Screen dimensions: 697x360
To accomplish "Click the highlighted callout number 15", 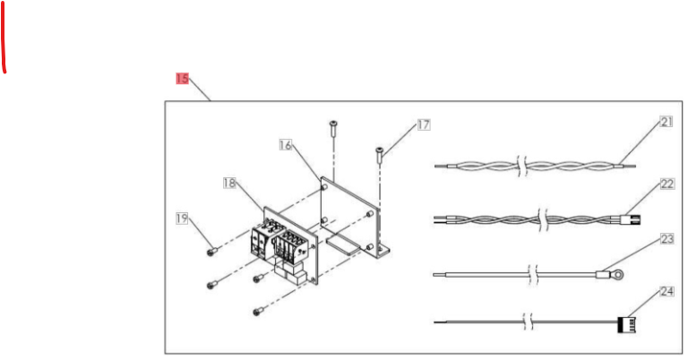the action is point(182,79).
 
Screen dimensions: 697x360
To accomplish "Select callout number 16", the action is point(286,145).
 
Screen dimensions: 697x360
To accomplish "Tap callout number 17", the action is point(424,124).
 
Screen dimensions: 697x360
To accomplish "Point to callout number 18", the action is point(229,183).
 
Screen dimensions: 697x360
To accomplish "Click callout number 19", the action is point(182,219).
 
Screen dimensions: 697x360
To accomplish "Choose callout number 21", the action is point(666,121).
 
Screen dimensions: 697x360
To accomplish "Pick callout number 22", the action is point(667,184).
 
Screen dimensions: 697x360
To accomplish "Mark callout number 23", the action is point(667,239).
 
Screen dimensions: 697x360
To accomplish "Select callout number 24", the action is point(667,292).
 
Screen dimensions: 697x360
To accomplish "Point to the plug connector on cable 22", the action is point(632,219).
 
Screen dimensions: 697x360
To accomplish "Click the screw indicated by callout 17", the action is point(379,155).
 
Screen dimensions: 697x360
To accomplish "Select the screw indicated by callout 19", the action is point(212,252).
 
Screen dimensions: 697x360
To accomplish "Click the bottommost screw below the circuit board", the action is point(258,311).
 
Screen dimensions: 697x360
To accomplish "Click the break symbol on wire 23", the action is point(532,275).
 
